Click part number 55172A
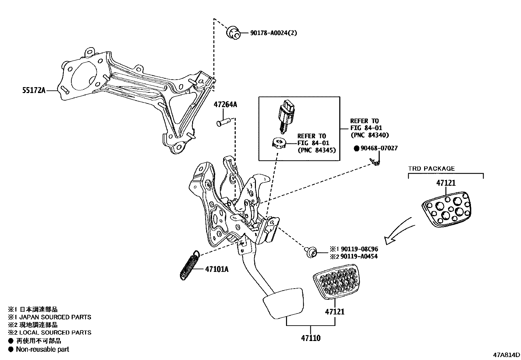(34, 90)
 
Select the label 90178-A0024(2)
(274, 33)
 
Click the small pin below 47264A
(224, 123)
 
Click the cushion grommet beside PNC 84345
(279, 143)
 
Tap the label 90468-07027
(379, 148)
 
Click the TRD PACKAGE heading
(431, 168)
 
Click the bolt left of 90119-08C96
(311, 253)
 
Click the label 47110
(311, 338)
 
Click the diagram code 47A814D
(507, 355)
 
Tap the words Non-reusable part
(43, 349)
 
